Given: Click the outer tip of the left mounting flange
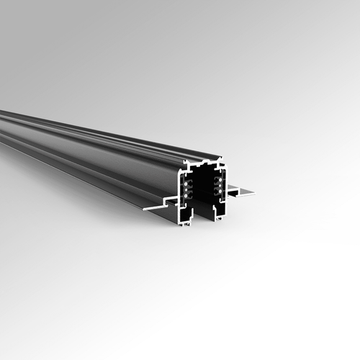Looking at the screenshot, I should pyautogui.click(x=145, y=209).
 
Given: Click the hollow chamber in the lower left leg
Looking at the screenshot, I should pyautogui.click(x=186, y=214).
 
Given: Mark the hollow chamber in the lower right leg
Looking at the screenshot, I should pyautogui.click(x=221, y=210).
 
